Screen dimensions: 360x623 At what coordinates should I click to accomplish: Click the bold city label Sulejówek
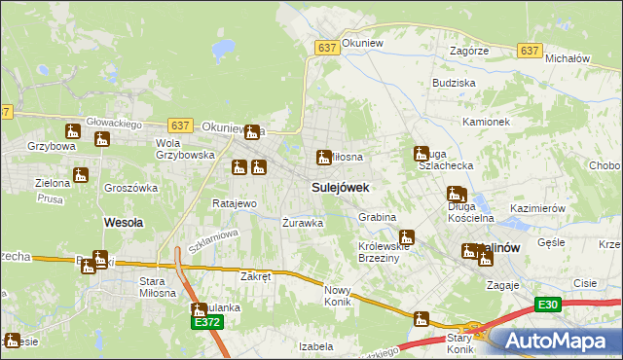340,186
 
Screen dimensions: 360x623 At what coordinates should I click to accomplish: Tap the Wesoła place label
124,222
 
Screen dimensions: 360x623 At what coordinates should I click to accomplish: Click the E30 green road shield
548,306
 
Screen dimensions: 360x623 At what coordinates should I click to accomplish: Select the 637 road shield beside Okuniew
327,47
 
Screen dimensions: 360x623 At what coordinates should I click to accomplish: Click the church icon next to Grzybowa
74,131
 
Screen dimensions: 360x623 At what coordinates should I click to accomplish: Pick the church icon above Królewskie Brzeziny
407,236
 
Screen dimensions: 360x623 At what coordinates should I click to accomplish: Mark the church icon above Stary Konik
421,318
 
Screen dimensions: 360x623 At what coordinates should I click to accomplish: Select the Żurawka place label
302,223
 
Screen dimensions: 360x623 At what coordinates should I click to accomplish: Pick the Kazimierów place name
538,209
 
